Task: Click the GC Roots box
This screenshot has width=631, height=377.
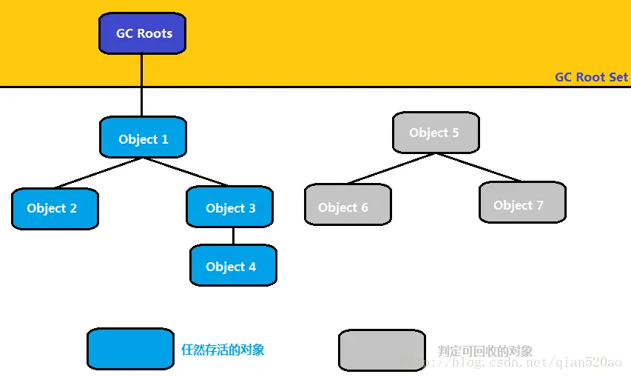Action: coord(142,33)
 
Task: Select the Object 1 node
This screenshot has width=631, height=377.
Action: coord(143,138)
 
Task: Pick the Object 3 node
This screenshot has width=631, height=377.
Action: coord(229,207)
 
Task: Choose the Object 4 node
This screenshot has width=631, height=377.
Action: coord(233,266)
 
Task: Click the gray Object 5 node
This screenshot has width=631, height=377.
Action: coord(436,133)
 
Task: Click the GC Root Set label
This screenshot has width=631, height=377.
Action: coord(591,77)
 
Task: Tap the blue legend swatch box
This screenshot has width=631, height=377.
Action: coord(130,349)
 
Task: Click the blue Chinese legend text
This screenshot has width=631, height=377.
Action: coord(223,350)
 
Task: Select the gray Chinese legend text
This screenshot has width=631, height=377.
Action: coord(485,351)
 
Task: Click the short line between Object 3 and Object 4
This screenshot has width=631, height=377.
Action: coord(234,236)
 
